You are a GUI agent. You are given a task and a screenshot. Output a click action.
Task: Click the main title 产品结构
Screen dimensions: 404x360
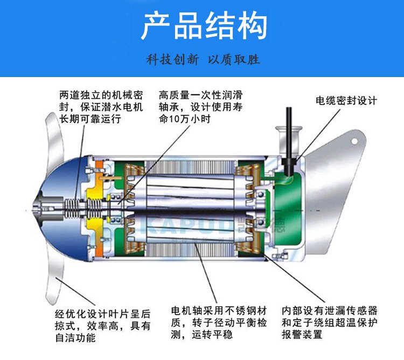point(204,26)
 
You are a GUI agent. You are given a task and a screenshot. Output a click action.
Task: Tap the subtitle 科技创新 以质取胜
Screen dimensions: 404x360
point(203,59)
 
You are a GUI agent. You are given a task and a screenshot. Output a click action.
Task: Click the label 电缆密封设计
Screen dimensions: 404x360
point(346,100)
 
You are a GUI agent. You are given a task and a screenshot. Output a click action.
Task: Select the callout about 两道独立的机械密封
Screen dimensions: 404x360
point(101,107)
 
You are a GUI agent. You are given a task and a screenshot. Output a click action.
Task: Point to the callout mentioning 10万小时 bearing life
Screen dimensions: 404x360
point(200,107)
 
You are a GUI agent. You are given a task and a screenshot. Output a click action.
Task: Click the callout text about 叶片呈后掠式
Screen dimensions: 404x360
point(102,326)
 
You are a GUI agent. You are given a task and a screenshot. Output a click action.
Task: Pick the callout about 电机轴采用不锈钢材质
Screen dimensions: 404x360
point(219,322)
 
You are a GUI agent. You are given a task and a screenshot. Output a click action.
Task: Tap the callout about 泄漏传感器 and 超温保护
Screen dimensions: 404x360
point(330,322)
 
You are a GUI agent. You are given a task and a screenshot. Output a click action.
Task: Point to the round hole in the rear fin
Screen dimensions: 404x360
point(354,141)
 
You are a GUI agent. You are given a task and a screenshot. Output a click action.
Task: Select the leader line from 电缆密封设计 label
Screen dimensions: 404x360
point(318,136)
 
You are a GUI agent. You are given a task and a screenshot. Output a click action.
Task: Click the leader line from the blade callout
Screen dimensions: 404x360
point(75,292)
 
